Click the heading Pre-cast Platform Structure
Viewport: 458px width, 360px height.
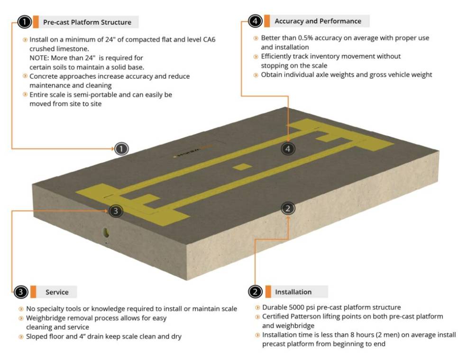click(87, 22)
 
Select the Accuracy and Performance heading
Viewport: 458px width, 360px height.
click(318, 21)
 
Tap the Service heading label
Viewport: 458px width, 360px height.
click(57, 292)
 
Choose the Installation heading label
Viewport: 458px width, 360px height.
click(293, 292)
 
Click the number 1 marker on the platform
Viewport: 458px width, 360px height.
click(122, 148)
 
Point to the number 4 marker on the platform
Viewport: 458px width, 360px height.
click(288, 148)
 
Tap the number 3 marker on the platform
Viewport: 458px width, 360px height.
click(116, 211)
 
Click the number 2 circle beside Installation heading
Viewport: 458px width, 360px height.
click(255, 292)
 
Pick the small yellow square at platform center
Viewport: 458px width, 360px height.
click(241, 167)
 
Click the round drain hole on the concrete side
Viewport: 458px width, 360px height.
click(106, 232)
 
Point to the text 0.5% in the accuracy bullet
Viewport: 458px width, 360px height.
click(303, 38)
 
